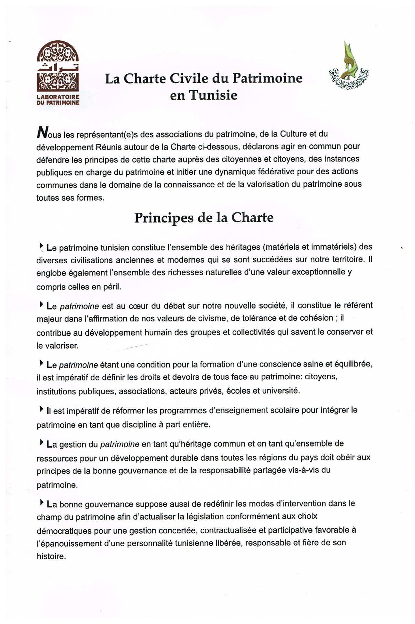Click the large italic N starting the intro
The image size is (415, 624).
pos(42,133)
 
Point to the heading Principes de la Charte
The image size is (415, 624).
pos(204,218)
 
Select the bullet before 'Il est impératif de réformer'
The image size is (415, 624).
pos(41,409)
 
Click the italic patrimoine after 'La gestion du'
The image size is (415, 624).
pos(119,444)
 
